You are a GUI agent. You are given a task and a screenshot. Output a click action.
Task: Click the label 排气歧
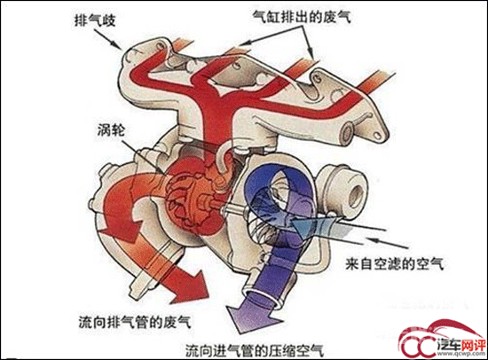(x=95, y=20)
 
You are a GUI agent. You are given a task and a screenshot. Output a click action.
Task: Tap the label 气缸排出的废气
(x=302, y=16)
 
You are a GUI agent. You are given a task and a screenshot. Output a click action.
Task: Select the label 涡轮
(x=111, y=130)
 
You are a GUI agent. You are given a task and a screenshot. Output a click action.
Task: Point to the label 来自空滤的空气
(x=395, y=264)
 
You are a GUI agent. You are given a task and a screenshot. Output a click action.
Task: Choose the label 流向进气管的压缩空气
(x=255, y=350)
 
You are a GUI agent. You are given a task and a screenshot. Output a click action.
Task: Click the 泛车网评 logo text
(x=460, y=345)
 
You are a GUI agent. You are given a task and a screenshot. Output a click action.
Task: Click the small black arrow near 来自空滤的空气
(x=387, y=243)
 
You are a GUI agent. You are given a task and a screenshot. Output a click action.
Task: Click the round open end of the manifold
(x=346, y=133)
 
